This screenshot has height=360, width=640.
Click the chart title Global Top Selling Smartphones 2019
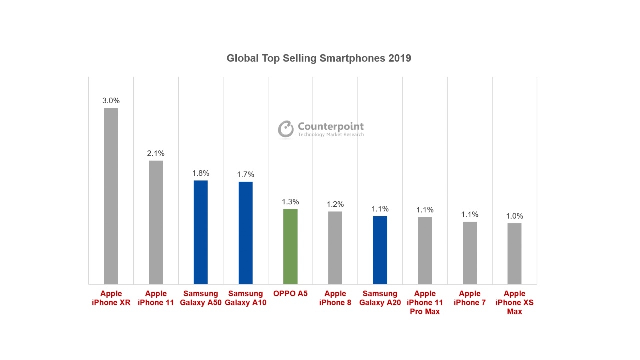(319, 58)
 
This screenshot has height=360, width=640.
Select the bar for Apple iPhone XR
(111, 196)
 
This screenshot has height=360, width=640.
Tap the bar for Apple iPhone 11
(156, 222)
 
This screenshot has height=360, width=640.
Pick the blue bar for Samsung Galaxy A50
(201, 232)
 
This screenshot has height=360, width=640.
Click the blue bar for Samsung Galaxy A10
(245, 233)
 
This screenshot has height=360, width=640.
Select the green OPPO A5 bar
(290, 246)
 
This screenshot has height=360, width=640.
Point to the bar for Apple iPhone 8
(335, 248)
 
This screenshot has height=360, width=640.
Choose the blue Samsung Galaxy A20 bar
(380, 250)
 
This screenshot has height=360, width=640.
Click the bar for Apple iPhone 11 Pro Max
(425, 250)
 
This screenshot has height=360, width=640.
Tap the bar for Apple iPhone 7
(470, 253)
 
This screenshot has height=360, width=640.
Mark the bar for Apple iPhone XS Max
(514, 253)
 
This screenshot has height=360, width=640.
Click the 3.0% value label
(111, 101)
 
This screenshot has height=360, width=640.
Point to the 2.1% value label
(156, 153)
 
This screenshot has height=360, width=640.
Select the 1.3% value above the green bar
(290, 202)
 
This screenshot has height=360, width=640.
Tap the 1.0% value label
(514, 216)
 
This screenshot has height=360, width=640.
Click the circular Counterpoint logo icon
(286, 129)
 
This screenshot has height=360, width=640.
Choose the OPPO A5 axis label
(290, 294)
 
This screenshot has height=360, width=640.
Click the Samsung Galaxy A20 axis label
(380, 298)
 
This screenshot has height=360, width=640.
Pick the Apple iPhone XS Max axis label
(514, 302)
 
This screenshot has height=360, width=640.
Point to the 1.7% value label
(245, 174)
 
